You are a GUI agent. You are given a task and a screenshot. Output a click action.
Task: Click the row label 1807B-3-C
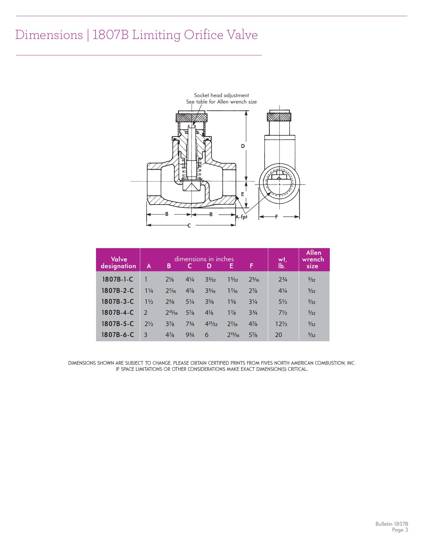[x=118, y=302]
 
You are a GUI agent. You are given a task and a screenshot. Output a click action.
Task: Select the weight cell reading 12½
[x=281, y=324]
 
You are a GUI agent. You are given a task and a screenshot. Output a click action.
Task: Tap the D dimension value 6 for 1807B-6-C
[x=207, y=335]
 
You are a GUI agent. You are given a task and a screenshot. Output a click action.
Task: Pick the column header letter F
[x=251, y=266]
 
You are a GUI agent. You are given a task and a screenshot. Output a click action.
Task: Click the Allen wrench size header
[x=313, y=259]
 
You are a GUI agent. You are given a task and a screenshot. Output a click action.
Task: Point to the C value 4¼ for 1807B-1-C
[x=190, y=279]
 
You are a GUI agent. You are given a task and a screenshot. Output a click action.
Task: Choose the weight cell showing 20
[x=279, y=335]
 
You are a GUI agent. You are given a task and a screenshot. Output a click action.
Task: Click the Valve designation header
[x=119, y=262]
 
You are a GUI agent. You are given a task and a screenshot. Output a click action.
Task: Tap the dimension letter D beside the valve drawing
[x=243, y=146]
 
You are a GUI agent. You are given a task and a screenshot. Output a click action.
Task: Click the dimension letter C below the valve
[x=189, y=226]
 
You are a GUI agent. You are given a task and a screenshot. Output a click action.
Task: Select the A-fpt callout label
[x=241, y=217]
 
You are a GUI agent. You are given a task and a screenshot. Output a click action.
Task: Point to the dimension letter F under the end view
[x=276, y=217]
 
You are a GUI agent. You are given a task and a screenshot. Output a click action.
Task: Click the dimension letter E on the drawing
[x=243, y=194]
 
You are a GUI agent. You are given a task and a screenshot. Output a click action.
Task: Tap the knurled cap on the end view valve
[x=279, y=117]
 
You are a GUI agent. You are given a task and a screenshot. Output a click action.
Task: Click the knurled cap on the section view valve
[x=192, y=117]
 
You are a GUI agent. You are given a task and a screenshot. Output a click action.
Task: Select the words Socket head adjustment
[x=221, y=95]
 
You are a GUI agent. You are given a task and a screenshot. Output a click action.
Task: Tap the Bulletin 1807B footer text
[x=391, y=524]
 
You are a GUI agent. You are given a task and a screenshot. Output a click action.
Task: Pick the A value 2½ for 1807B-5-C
[x=148, y=324]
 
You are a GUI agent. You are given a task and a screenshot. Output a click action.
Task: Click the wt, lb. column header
[x=282, y=262]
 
